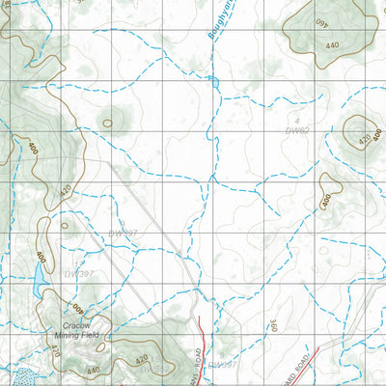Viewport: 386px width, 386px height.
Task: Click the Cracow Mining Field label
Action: pos(82,332)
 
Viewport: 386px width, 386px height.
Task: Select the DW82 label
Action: pos(298,128)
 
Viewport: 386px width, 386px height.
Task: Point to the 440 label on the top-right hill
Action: pos(333,45)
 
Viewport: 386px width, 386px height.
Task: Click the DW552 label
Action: pos(152,369)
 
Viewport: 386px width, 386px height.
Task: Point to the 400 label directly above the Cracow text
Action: pos(77,311)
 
